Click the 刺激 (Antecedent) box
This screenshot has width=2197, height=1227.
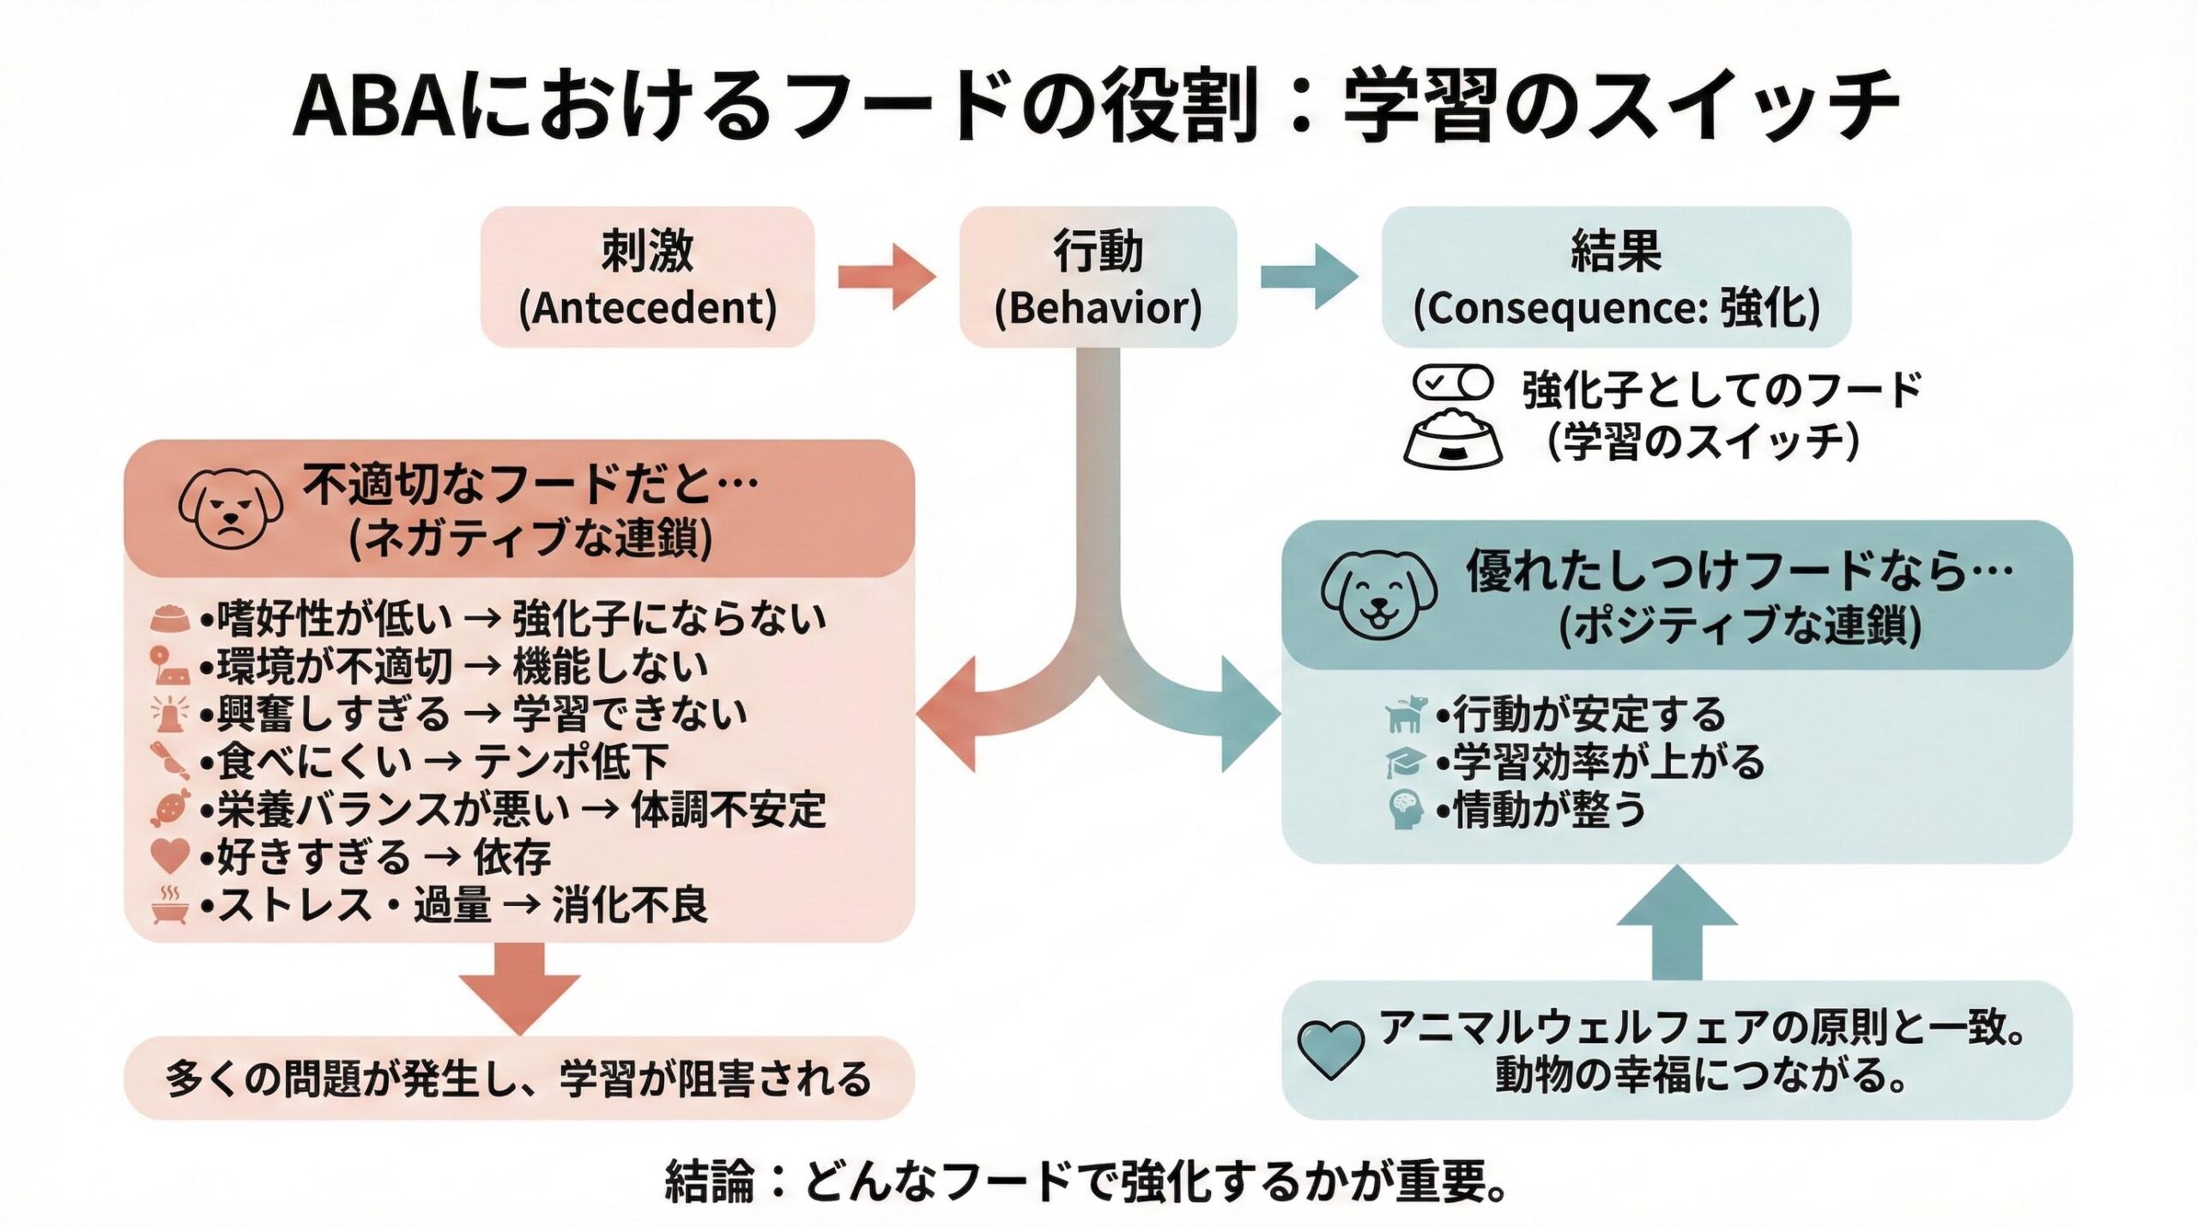pyautogui.click(x=647, y=276)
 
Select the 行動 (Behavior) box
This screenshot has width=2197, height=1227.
pyautogui.click(x=1097, y=276)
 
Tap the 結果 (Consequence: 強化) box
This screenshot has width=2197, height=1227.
pyautogui.click(x=1615, y=276)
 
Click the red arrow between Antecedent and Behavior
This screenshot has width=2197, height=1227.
pyautogui.click(x=886, y=276)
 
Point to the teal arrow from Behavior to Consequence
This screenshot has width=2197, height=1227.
pyautogui.click(x=1310, y=276)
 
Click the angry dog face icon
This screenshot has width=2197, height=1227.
pyautogui.click(x=230, y=508)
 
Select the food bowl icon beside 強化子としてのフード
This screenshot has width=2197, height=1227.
pyautogui.click(x=1453, y=440)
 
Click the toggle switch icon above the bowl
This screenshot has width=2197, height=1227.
pyautogui.click(x=1453, y=383)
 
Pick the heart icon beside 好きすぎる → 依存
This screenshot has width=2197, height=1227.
pyautogui.click(x=169, y=856)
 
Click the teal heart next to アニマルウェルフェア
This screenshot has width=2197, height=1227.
pyautogui.click(x=1329, y=1049)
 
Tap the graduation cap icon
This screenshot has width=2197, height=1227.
pyautogui.click(x=1405, y=762)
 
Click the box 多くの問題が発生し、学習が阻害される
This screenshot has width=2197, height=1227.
pyautogui.click(x=519, y=1078)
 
